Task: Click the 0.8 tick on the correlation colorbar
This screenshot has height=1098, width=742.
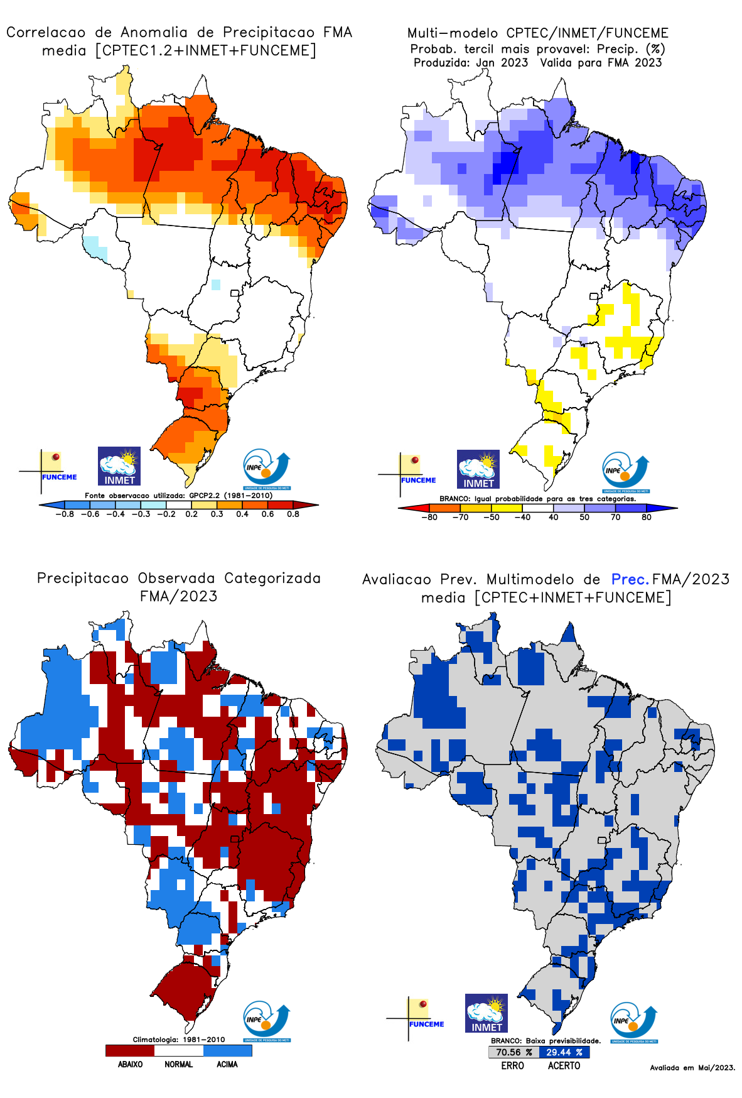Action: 293,514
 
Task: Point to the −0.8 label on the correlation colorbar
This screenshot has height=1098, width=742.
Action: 64,514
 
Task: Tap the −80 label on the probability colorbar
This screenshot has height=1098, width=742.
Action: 429,517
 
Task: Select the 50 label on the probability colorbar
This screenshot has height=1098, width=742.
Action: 584,517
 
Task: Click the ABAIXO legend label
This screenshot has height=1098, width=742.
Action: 130,1064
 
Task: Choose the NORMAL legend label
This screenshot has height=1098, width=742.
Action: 179,1064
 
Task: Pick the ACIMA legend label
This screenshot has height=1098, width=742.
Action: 227,1064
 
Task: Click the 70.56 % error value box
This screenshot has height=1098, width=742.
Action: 513,1052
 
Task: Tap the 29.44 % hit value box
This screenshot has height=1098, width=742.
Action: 564,1052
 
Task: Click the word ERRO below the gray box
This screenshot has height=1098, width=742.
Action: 512,1065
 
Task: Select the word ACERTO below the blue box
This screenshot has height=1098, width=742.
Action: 564,1065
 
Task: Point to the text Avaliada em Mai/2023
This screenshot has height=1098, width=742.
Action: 692,1067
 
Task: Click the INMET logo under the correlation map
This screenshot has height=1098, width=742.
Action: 119,466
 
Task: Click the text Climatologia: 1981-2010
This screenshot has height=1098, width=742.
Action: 179,1039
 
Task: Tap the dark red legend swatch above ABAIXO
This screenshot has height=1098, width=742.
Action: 130,1050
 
